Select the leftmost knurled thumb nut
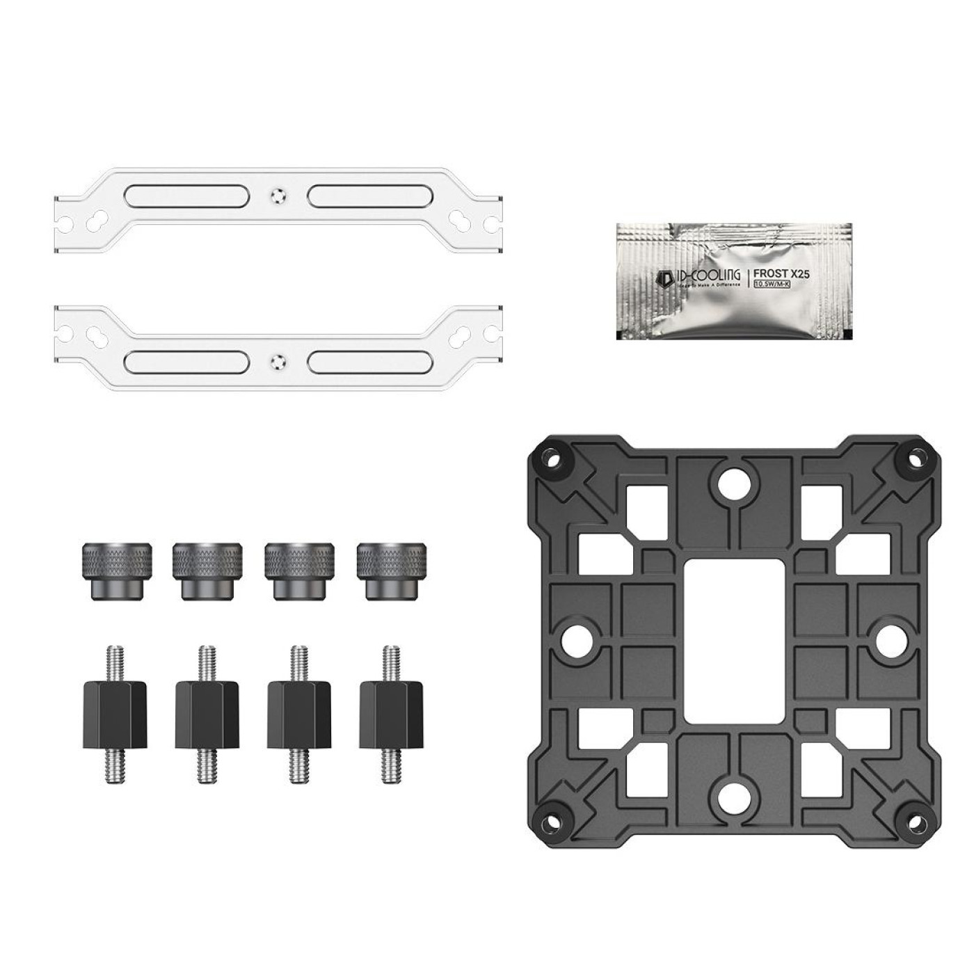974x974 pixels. click(x=114, y=570)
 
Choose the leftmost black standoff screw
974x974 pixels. click(x=115, y=714)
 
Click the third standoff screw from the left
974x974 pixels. click(x=299, y=714)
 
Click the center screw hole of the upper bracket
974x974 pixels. click(x=278, y=196)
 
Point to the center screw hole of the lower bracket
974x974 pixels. click(x=278, y=361)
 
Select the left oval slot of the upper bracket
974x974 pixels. click(x=186, y=196)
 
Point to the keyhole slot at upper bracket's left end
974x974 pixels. click(x=93, y=220)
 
